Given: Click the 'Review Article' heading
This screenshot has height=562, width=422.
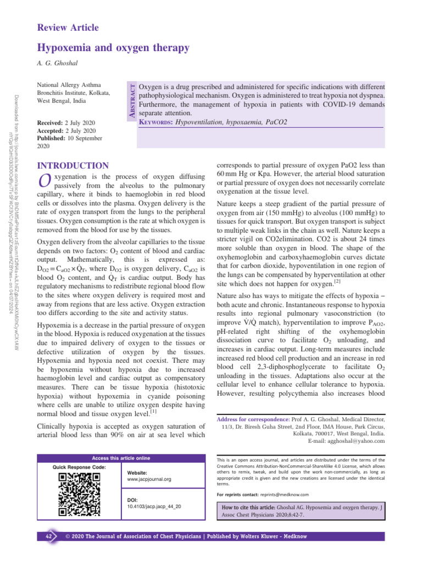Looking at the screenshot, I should pos(68,27).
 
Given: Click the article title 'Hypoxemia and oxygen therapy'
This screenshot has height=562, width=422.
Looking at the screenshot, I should pos(113,48).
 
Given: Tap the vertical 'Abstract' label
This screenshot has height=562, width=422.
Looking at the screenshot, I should pos(131,98).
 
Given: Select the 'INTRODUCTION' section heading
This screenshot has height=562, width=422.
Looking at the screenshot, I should pos(72,165).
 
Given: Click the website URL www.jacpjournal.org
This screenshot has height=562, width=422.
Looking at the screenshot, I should pos(148,479).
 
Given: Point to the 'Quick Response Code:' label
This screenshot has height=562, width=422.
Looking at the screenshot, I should pos(79,467).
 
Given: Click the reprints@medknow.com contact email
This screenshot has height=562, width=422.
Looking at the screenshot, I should pos(285,494).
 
